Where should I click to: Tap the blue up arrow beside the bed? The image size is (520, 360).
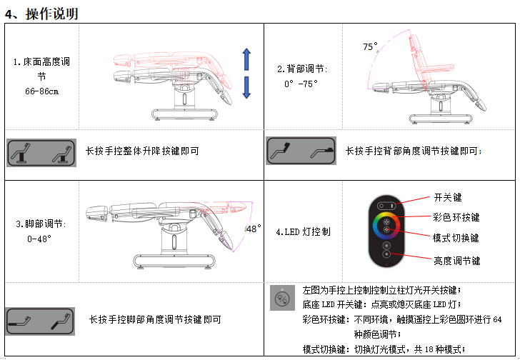[x=246, y=60]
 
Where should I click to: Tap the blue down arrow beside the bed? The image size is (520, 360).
[x=246, y=87]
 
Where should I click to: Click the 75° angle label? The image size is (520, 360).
[x=369, y=46]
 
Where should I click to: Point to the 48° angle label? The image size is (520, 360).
[x=254, y=229]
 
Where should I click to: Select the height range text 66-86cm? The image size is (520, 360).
[x=41, y=91]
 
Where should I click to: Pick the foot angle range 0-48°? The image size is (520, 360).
[x=39, y=239]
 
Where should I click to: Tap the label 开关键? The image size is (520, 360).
[x=448, y=198]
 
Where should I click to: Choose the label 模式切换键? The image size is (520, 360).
[x=456, y=237]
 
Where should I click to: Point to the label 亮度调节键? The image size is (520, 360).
[x=456, y=261]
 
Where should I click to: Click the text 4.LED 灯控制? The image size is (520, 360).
[x=308, y=231]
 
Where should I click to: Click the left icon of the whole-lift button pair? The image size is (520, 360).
[x=24, y=153]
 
